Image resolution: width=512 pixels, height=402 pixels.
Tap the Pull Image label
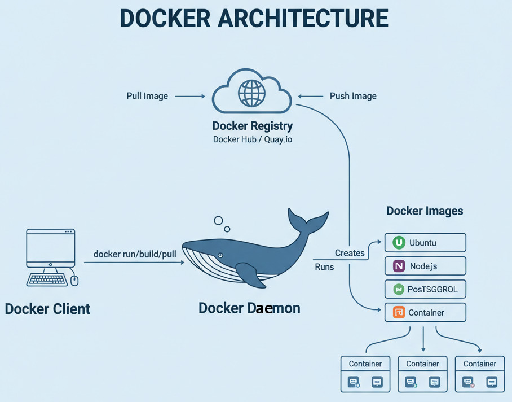[147, 96]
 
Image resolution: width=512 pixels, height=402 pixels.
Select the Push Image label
[353, 96]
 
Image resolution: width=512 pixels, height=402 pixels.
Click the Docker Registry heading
[252, 125]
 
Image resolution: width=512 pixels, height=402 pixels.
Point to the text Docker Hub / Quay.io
[252, 139]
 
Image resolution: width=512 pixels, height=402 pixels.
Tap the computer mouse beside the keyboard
[74, 280]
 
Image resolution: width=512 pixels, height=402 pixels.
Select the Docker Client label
[47, 309]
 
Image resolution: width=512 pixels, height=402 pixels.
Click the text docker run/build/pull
[135, 254]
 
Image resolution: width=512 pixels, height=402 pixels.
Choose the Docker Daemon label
[249, 308]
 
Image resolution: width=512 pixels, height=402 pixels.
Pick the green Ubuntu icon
[399, 243]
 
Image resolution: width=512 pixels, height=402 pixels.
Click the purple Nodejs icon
[399, 266]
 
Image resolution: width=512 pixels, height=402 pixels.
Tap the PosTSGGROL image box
[425, 290]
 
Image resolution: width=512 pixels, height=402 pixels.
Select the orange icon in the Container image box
[399, 312]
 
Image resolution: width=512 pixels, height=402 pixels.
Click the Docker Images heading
[425, 211]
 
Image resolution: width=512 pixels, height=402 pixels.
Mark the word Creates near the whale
[350, 253]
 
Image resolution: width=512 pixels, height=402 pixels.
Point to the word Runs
[324, 266]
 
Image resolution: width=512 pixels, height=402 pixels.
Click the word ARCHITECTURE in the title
[303, 19]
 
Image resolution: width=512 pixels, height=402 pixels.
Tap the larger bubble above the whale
[218, 220]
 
